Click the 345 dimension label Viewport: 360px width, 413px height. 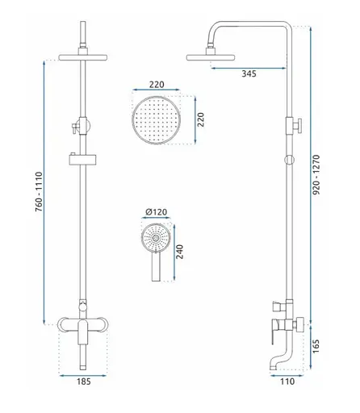click(x=249, y=73)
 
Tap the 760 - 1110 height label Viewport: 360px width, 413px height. click(x=39, y=192)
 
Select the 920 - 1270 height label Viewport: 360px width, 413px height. click(x=316, y=174)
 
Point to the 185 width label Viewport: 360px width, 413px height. click(x=84, y=382)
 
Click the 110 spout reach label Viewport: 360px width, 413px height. click(x=287, y=382)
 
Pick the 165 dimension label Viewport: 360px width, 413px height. click(x=316, y=346)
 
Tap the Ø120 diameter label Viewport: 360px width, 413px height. click(x=156, y=212)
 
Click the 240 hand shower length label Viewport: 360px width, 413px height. click(x=179, y=252)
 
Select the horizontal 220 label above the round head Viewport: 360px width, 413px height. click(x=157, y=85)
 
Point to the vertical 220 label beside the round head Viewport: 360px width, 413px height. click(x=201, y=119)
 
